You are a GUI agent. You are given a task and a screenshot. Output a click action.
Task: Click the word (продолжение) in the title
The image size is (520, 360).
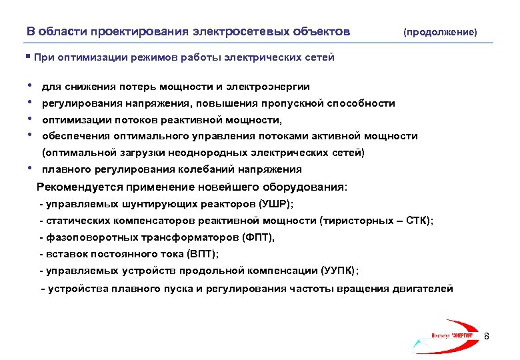tap(440, 32)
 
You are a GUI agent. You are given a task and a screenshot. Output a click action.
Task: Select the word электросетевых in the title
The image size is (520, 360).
tap(234, 31)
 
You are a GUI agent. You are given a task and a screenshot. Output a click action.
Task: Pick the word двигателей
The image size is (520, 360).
tap(425, 289)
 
